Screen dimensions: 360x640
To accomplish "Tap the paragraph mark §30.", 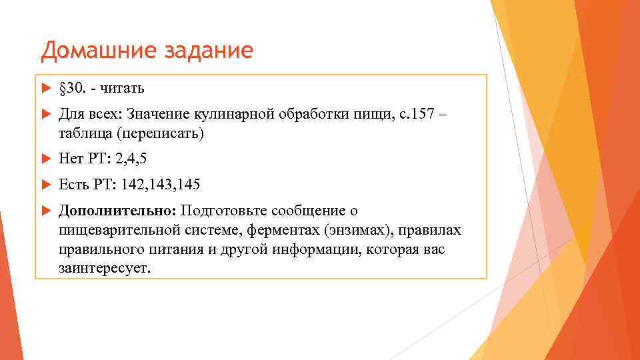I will [x=73, y=89].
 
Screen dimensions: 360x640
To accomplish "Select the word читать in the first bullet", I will [x=123, y=89].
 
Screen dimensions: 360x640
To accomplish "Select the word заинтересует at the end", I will [x=105, y=268].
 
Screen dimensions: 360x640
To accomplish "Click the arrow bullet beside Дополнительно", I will [x=45, y=211].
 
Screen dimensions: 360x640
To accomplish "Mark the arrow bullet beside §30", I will [x=45, y=89].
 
